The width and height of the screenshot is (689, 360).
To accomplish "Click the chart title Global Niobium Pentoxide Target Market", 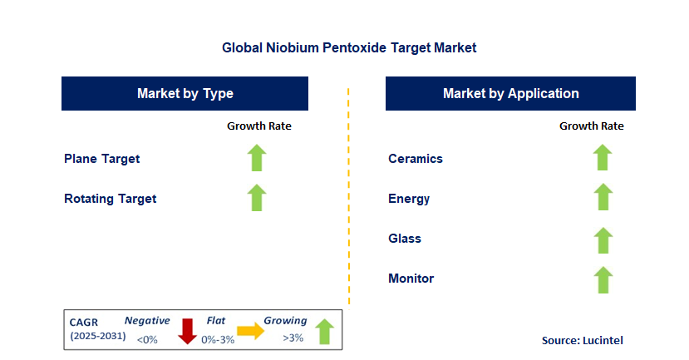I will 349,48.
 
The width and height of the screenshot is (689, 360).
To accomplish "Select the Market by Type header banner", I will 185,93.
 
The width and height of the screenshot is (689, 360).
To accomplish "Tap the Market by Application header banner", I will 510,93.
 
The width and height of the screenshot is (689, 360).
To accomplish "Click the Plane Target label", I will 101,158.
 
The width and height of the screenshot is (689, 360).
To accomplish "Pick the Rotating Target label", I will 110,199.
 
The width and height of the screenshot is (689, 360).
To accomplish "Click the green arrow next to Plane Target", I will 257,158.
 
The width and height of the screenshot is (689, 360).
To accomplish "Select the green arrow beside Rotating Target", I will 257,198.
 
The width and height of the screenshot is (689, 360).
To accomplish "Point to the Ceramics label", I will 416,158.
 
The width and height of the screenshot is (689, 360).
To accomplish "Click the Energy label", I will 409,199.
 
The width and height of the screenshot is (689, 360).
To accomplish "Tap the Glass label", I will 405,239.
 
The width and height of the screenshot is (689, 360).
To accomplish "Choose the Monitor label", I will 411,279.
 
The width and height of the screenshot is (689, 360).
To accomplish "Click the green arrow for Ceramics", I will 603,158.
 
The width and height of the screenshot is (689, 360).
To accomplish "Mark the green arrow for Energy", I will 603,198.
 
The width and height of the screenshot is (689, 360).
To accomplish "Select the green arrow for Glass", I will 603,239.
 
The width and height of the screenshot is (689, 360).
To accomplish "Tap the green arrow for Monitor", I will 603,279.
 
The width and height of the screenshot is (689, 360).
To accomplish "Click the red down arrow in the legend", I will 187,330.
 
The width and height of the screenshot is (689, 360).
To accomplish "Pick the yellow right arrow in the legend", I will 249,331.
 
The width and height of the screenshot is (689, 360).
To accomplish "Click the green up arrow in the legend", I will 324,332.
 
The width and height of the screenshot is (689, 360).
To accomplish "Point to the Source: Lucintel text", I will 582,340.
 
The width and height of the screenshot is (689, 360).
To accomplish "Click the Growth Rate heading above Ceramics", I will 591,126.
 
